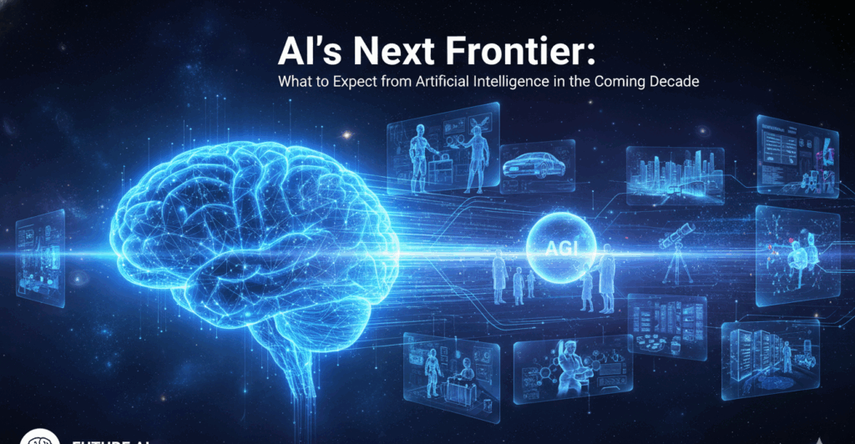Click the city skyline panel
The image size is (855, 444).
674,174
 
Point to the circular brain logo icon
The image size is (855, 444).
38,436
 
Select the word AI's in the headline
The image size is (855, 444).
306,52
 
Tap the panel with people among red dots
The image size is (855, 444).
797,254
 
